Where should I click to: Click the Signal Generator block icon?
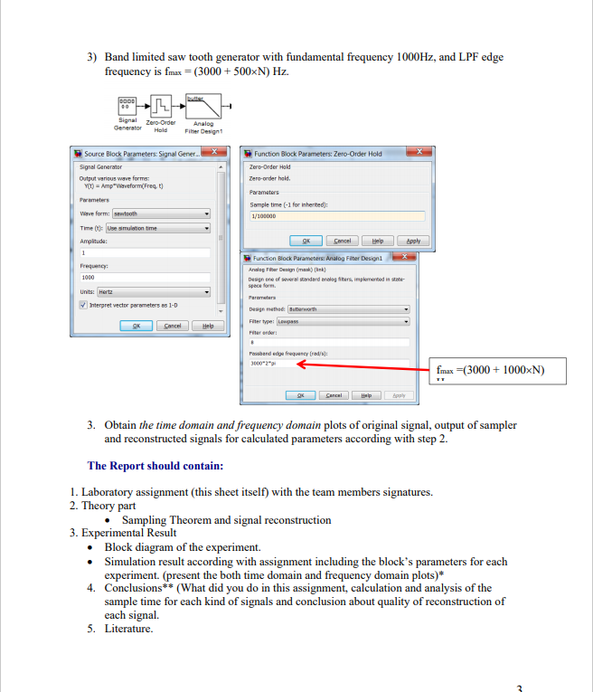click(126, 105)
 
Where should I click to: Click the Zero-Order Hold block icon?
click(159, 105)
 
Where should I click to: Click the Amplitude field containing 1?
click(145, 252)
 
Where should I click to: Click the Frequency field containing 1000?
click(145, 277)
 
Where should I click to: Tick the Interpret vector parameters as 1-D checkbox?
click(84, 306)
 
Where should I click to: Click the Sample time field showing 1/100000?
click(335, 216)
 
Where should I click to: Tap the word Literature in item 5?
click(128, 628)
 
